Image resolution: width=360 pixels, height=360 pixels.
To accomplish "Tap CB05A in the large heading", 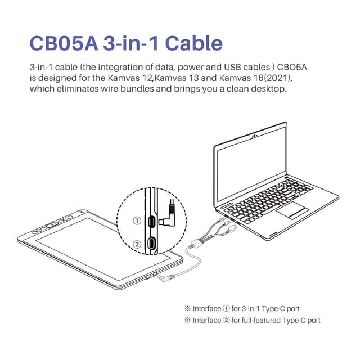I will point(62,43).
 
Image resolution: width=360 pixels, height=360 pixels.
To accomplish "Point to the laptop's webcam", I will point(256,136).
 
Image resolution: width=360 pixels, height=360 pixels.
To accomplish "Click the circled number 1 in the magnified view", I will point(136,220).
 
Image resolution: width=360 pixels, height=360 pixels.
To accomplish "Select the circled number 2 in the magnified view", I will point(136,244).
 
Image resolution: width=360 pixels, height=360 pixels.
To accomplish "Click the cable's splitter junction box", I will point(197,245).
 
